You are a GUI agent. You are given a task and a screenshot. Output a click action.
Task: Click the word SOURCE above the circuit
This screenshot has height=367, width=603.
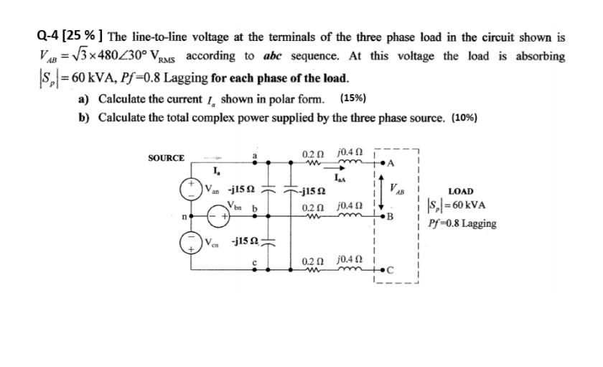(166, 158)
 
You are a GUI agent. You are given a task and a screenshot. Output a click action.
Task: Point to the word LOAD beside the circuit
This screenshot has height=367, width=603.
(460, 191)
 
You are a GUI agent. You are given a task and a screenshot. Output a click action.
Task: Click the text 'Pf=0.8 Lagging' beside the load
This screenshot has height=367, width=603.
(462, 223)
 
